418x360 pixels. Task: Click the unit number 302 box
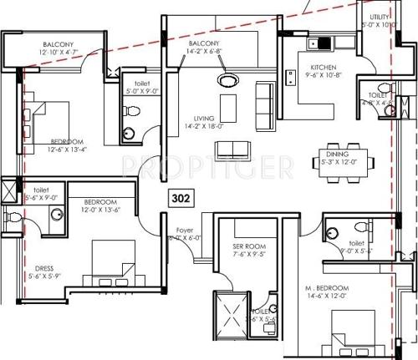180,199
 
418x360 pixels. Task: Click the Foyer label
185,230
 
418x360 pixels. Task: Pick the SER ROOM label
248,247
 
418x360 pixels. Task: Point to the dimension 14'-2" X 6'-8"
205,51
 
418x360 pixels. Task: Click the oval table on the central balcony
226,81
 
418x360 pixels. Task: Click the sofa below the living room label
232,150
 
